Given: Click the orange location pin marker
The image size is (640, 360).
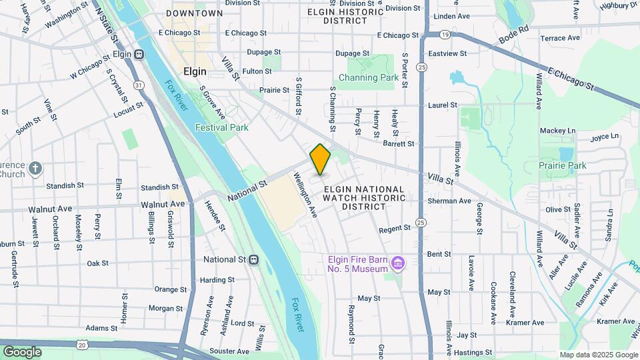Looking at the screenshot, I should [320, 159].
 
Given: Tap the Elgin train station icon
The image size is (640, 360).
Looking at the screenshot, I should [139, 54].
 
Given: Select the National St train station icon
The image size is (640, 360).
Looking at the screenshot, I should [253, 259].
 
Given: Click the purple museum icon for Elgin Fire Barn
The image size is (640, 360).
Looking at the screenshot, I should [398, 264].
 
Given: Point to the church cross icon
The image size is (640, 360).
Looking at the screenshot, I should [35, 168].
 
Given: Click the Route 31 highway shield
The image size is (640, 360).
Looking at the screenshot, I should [138, 85].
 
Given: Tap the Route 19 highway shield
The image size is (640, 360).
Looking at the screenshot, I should [445, 34].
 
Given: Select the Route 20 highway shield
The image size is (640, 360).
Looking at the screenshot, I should [81, 343].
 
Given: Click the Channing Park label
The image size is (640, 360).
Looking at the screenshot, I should [368, 77].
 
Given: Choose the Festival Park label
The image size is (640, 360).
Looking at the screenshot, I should [221, 127].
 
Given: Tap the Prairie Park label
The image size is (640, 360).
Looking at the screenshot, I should [563, 165].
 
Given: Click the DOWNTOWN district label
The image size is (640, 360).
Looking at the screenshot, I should [194, 13].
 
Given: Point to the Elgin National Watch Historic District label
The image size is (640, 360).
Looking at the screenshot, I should [364, 198].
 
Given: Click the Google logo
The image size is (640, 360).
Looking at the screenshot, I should [22, 351].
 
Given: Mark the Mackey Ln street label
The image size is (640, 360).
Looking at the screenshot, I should [557, 131].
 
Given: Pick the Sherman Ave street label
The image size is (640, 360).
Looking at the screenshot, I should [449, 201].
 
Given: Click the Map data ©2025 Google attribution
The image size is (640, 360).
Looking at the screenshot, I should [597, 355].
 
